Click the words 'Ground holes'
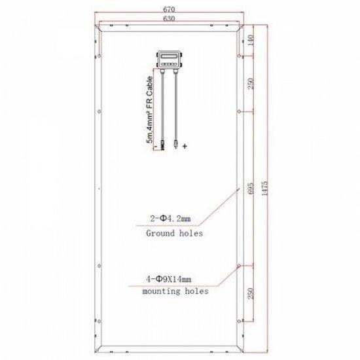(174, 233)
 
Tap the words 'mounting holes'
(175, 292)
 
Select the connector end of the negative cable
(159, 141)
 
